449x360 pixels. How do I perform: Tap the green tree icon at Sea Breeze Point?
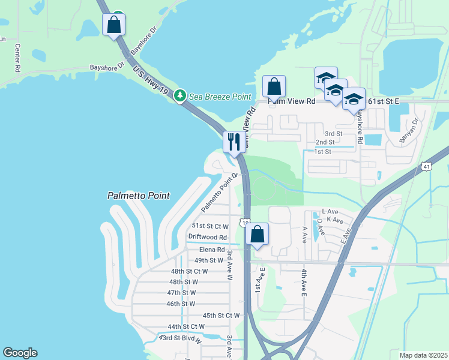(x=179, y=96)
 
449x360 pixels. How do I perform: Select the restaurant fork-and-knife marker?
(x=232, y=142)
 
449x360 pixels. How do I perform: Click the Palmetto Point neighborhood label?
(x=138, y=196)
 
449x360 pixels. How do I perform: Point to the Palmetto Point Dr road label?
(x=220, y=192)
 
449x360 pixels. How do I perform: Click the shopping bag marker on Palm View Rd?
(x=274, y=86)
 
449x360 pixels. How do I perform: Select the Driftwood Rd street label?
(x=207, y=238)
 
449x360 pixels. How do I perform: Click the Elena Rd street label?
(x=212, y=249)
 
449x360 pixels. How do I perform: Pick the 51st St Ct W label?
(x=210, y=226)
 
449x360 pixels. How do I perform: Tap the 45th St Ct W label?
(x=221, y=315)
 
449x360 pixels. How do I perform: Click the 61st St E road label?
(x=384, y=101)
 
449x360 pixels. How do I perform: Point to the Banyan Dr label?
(x=411, y=133)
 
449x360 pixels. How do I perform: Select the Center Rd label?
(x=17, y=58)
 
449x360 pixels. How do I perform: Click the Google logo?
(x=20, y=353)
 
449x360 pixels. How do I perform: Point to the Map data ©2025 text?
(x=423, y=355)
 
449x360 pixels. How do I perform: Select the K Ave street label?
(x=334, y=221)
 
